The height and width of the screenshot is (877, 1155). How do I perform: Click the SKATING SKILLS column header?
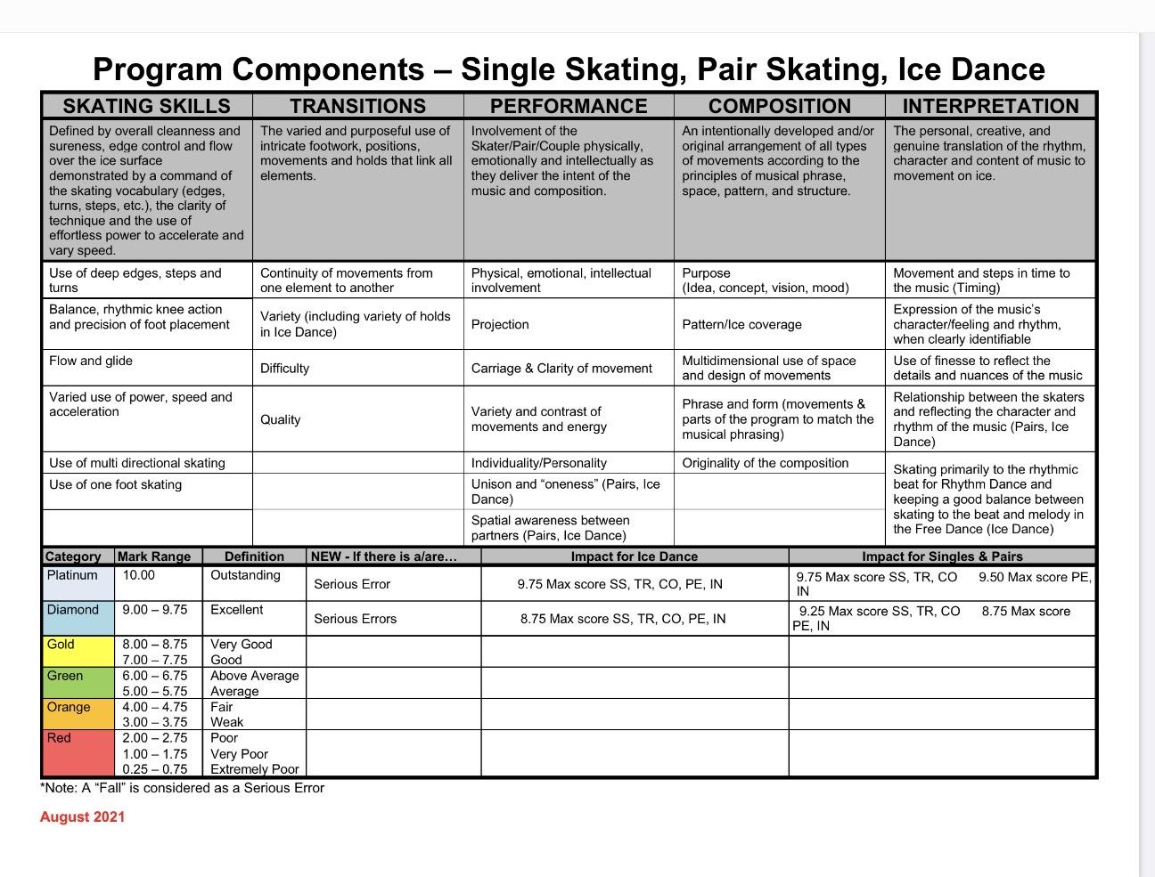point(146,106)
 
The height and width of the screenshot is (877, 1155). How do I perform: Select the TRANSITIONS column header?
point(357,106)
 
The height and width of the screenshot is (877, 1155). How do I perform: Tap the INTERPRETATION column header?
point(990,106)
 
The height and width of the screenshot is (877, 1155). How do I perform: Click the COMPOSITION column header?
point(779,106)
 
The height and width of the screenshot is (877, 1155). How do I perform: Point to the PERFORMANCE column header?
point(569,106)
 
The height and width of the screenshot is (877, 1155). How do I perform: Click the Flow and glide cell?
point(91,361)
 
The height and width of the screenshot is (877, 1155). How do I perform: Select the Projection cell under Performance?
point(500,325)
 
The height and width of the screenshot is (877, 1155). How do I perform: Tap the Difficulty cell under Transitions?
point(285,369)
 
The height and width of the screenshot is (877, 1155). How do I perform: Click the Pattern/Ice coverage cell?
point(741,325)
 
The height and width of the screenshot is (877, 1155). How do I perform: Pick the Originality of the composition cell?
point(765,463)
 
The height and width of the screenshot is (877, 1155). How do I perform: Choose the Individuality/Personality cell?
point(539,463)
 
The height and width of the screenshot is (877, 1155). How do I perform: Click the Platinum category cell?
point(72,575)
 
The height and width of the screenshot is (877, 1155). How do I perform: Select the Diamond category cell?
point(73,610)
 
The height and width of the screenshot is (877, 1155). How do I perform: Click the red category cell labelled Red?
point(59,738)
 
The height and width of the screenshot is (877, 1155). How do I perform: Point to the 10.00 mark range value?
point(138,575)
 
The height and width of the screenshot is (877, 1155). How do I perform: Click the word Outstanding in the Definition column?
point(245,575)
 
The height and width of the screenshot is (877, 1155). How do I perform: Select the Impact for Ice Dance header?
point(634,556)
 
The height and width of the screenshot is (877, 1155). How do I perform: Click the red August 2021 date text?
point(83,817)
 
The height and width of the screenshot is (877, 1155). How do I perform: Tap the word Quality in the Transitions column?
point(281,419)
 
